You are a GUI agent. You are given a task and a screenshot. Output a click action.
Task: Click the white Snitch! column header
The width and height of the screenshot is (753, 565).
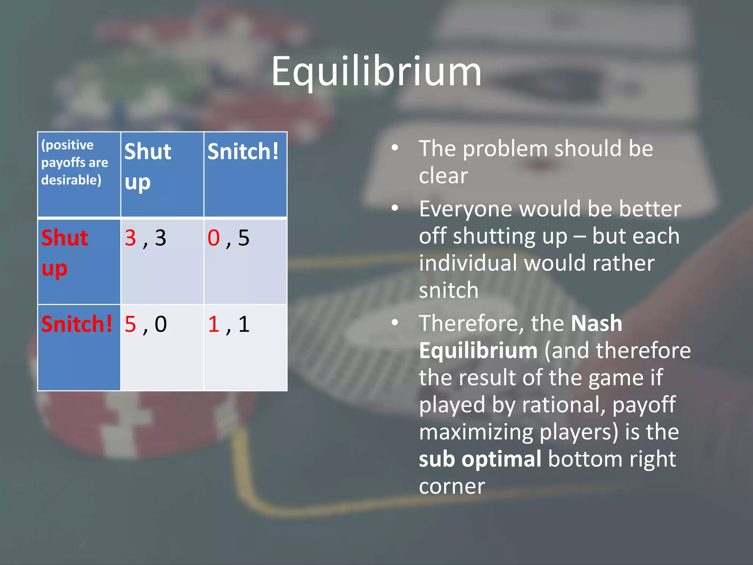click(243, 152)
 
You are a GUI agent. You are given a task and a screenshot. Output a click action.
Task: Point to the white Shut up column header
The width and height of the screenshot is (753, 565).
click(147, 166)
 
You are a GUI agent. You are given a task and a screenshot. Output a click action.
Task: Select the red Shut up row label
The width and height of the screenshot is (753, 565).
click(65, 253)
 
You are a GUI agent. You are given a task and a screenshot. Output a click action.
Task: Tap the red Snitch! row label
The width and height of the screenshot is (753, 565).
click(76, 324)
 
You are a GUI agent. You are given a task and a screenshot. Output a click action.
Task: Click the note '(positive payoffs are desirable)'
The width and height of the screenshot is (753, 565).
click(75, 162)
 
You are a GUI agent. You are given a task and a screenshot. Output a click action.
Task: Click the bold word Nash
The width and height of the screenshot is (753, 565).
click(596, 323)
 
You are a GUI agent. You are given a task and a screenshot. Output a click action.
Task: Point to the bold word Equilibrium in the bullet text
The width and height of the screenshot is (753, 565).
click(478, 351)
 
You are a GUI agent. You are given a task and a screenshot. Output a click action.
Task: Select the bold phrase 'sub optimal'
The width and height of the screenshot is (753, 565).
click(480, 459)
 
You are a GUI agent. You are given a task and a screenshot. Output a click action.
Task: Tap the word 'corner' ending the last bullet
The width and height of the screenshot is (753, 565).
click(452, 486)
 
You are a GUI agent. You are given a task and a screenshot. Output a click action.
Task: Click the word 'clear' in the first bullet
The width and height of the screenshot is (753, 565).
click(443, 175)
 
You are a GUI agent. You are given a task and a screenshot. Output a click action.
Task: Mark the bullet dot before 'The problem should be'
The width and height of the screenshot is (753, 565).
click(395, 148)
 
